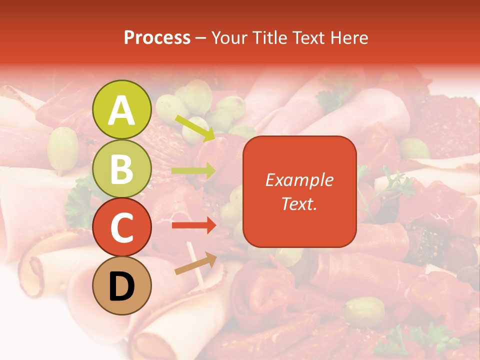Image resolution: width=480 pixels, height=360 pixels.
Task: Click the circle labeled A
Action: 121,109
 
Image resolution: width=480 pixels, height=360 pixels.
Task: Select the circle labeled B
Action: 121,169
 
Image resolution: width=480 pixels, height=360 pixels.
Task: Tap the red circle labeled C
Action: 121,227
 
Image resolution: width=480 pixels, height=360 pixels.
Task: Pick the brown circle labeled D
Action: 121,286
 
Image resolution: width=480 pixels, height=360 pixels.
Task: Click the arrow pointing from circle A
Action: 194,128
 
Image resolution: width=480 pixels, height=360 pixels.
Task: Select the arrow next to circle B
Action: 193,171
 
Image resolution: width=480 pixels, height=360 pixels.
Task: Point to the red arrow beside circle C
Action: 193,225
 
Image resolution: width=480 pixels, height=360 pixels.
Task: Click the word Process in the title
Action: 157,37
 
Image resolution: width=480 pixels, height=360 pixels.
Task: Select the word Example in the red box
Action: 299,180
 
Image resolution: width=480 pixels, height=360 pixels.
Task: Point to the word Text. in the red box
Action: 299,203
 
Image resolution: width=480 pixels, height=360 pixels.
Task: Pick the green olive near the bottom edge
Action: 364,311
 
